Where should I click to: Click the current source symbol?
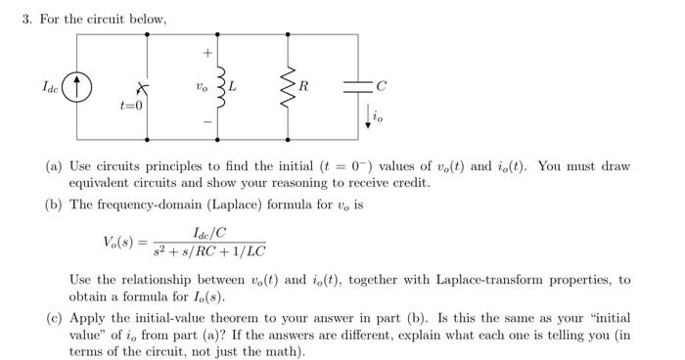77,87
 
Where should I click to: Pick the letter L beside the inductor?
235,86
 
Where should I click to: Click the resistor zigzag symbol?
288,87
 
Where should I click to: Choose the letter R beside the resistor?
304,86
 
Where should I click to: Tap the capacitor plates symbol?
358,86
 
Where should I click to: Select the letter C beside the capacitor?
381,86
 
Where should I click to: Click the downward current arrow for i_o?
369,116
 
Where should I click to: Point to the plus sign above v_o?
206,52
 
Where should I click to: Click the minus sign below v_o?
206,123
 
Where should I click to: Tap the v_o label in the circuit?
202,86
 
